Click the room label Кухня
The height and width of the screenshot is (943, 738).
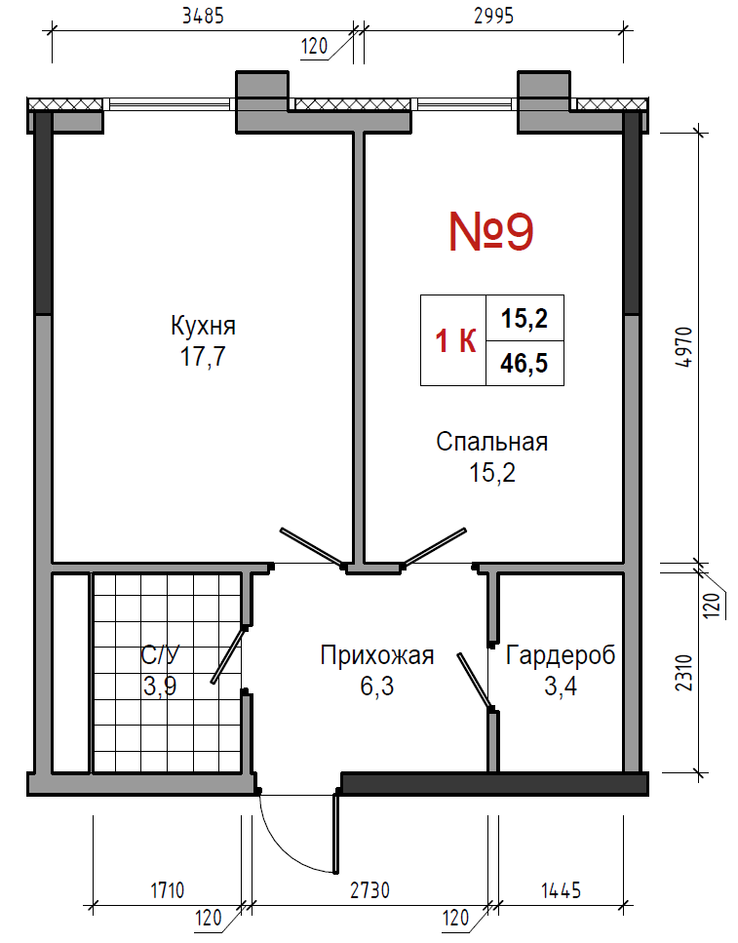(x=203, y=326)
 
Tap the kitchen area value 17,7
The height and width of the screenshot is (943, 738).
(x=203, y=357)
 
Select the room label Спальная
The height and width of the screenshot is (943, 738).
(x=492, y=442)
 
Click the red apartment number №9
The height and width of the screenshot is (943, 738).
(x=491, y=232)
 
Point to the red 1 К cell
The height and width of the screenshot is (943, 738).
(x=455, y=341)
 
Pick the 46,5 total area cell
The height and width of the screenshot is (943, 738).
(x=524, y=363)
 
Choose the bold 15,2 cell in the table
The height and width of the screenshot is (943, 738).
(x=524, y=318)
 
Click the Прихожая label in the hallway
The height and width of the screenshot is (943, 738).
(x=377, y=655)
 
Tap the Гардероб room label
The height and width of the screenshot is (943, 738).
(x=561, y=655)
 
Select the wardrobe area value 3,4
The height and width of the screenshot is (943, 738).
(x=561, y=686)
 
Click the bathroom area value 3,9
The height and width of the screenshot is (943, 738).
(x=160, y=686)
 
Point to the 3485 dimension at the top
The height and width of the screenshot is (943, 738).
(x=204, y=16)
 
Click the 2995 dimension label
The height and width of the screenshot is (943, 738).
(x=494, y=16)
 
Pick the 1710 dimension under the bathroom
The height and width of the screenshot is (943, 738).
(x=168, y=889)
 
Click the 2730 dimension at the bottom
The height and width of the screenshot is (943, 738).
(x=369, y=889)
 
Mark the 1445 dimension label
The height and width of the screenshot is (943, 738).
(x=562, y=889)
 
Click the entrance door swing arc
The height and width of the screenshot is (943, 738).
(x=281, y=848)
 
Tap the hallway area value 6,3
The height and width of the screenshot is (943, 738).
(x=377, y=686)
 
